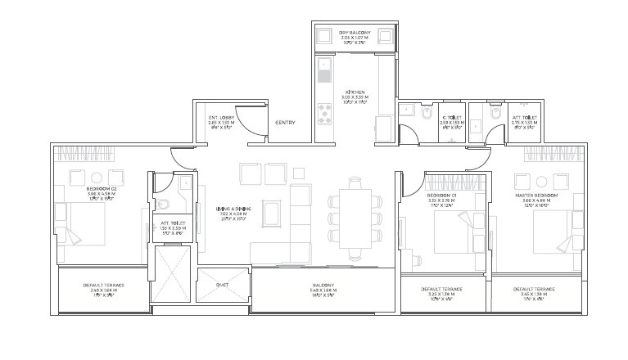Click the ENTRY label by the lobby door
tap(286, 123)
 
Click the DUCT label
tap(222, 285)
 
